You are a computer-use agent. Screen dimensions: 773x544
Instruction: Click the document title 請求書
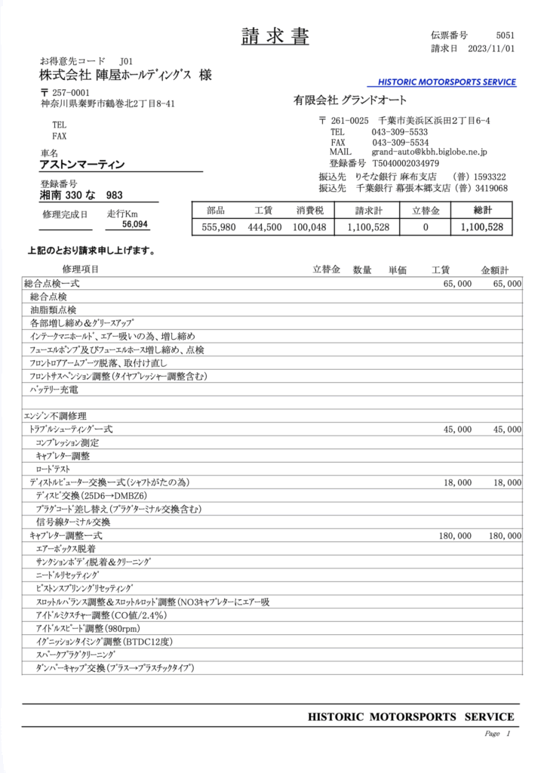275,35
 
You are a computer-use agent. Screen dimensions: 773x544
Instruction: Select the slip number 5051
506,35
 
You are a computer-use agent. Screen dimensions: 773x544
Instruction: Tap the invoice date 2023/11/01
491,49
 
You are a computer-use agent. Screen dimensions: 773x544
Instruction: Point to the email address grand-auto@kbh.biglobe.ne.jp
429,152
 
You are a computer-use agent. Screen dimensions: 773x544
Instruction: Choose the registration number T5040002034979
405,163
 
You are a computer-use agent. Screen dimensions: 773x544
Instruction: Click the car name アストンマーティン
82,165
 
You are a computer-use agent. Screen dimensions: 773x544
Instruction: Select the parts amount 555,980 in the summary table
219,227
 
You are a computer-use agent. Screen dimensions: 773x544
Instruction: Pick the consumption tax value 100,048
309,227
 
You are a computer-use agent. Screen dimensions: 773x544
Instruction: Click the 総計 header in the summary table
481,211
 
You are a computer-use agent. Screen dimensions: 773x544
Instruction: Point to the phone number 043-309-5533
400,132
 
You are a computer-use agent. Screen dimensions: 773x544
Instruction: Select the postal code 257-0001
69,92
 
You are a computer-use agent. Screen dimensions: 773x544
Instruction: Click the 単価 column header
398,269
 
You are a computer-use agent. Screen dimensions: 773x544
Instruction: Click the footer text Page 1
497,734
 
